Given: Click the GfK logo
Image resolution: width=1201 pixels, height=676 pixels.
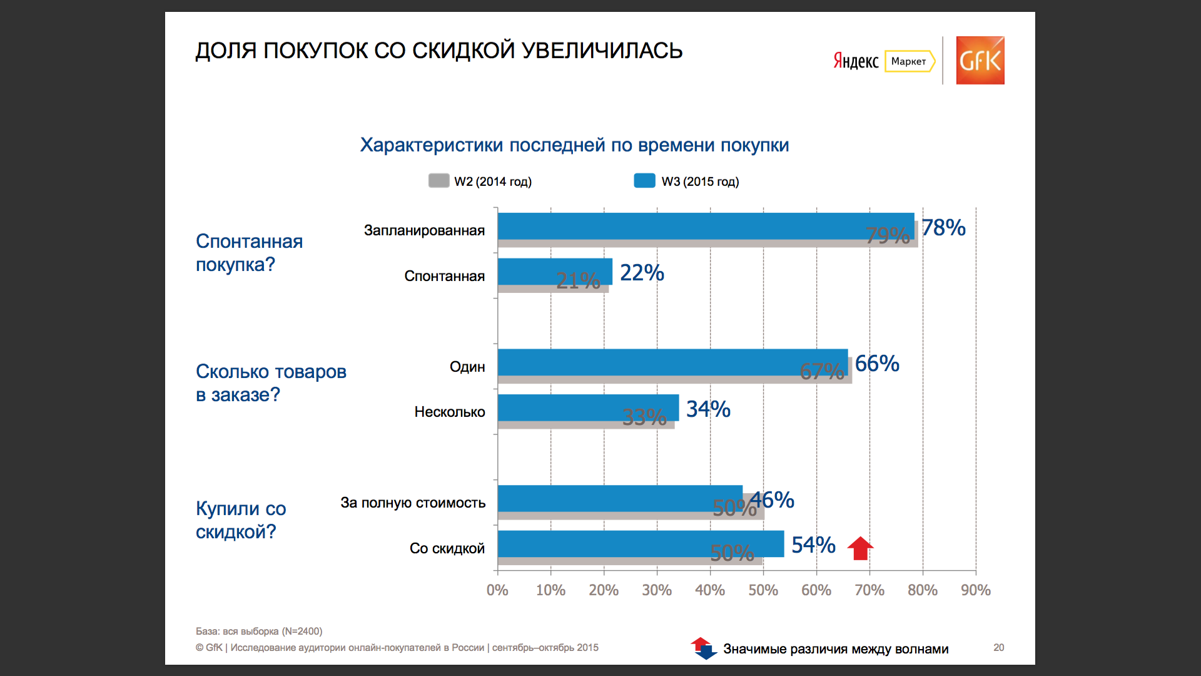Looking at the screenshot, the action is coord(980,60).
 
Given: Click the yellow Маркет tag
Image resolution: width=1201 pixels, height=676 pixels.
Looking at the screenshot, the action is coord(910,61).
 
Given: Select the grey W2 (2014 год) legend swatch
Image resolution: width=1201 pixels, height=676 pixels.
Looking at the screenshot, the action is coord(438,181).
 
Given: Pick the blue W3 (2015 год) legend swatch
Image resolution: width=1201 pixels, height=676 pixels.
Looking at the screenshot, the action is coord(644,181).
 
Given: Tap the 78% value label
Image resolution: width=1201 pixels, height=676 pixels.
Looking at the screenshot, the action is coord(943,228).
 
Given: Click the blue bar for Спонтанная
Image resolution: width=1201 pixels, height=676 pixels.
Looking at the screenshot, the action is coord(555,271).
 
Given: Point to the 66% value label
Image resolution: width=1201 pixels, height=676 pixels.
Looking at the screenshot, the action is coord(877,364).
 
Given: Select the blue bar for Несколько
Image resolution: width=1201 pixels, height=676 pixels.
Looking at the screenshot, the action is coord(589,407).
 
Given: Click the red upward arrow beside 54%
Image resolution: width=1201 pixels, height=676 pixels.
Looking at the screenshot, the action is coord(860,548).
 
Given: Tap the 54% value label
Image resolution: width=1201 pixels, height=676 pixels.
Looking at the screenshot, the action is coord(813,545).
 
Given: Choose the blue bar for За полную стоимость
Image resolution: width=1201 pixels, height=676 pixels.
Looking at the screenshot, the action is coord(621,498).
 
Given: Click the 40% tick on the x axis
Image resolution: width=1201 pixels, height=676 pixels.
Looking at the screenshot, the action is coord(710,590).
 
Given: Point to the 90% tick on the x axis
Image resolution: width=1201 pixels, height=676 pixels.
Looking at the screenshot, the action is coord(976,590).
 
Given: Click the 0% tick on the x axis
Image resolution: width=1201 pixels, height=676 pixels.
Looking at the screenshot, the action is coord(497,590).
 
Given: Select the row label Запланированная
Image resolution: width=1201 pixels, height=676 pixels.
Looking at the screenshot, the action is coord(424,231).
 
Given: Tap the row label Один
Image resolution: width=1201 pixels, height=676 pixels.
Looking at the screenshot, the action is coord(467,367).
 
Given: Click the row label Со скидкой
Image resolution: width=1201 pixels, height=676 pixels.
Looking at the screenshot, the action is coord(447,548).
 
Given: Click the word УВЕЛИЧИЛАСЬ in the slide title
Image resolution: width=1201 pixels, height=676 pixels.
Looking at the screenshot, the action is coord(602,51).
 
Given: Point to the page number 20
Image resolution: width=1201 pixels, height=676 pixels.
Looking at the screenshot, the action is coord(999,647).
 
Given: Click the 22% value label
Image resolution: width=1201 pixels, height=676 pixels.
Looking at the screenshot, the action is coord(642,273).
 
